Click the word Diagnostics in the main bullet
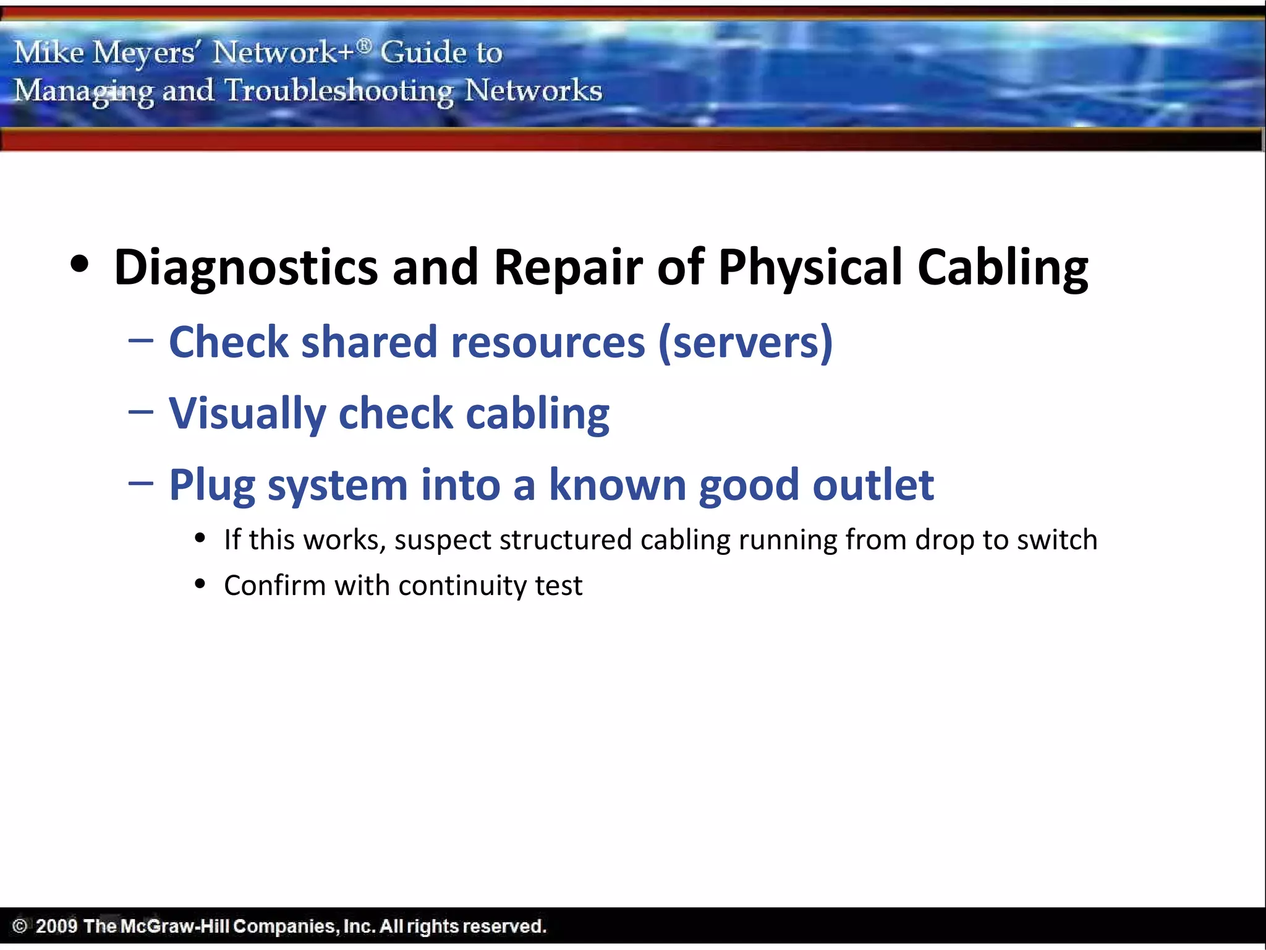tap(245, 267)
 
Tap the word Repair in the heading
tap(568, 267)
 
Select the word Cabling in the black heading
tap(1002, 267)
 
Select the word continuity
tap(462, 585)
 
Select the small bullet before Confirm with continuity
tap(200, 583)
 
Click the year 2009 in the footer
tap(56, 926)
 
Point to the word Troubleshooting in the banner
tap(339, 91)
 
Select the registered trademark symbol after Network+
tap(365, 45)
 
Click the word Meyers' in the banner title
tap(145, 53)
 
